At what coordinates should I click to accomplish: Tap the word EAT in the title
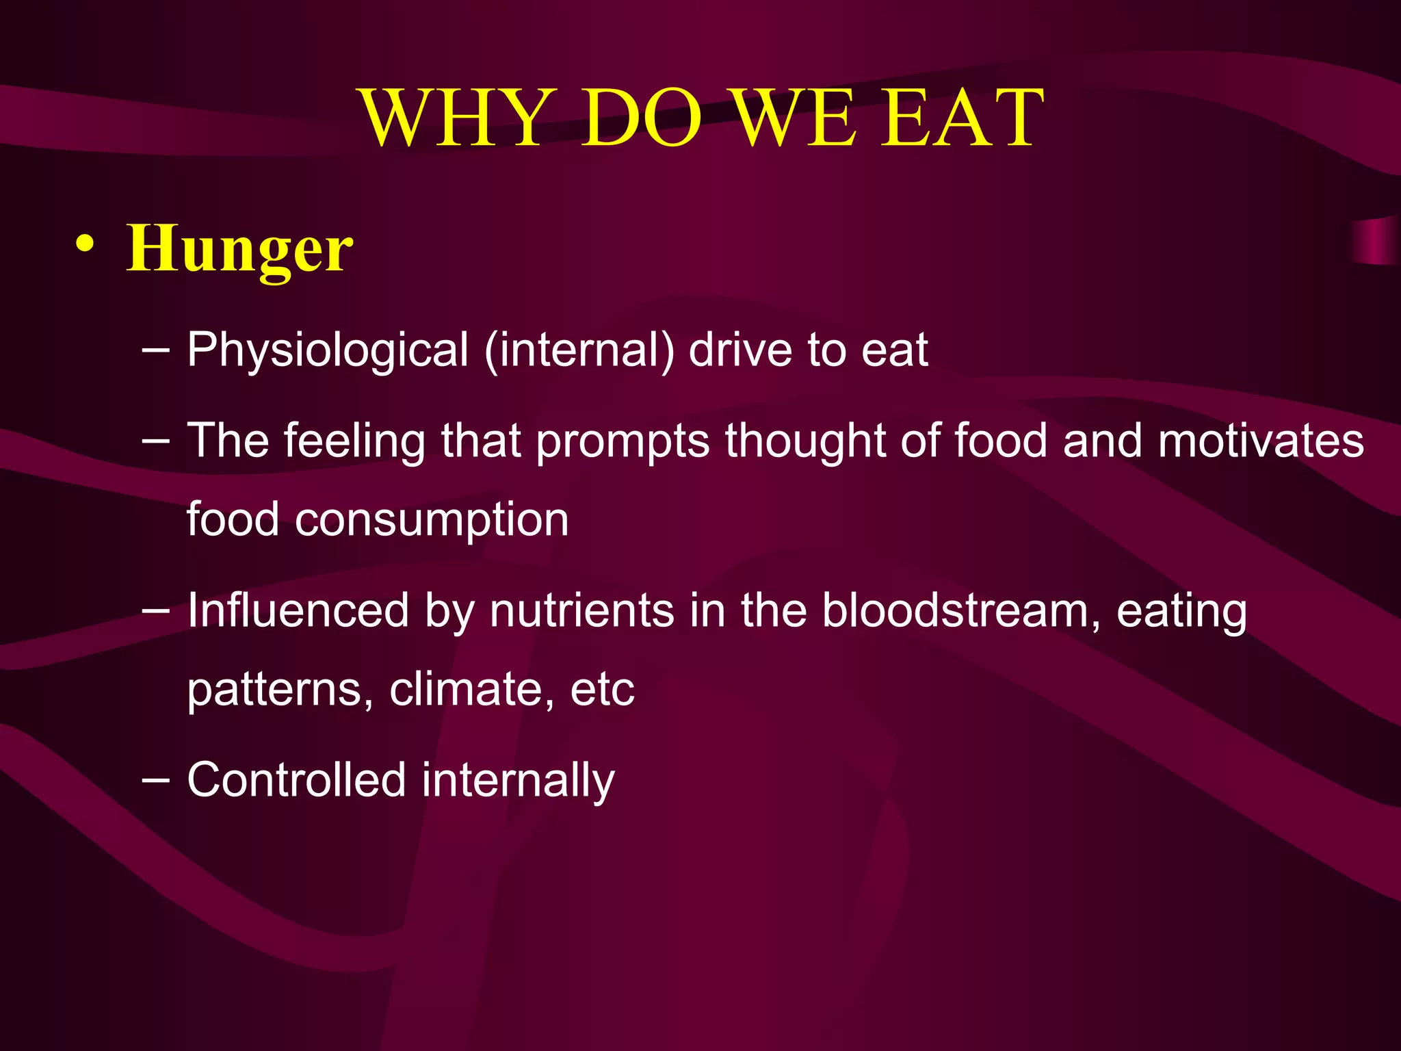point(961,118)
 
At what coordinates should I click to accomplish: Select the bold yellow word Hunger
point(239,250)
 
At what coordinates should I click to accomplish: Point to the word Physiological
point(328,350)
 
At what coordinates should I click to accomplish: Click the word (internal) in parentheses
point(579,350)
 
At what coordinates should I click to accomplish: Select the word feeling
point(354,441)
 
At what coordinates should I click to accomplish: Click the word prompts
point(623,442)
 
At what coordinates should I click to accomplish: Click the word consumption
point(432,520)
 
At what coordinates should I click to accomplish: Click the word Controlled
point(296,779)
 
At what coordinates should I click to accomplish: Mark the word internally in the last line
point(518,781)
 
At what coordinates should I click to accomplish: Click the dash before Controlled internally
point(156,779)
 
